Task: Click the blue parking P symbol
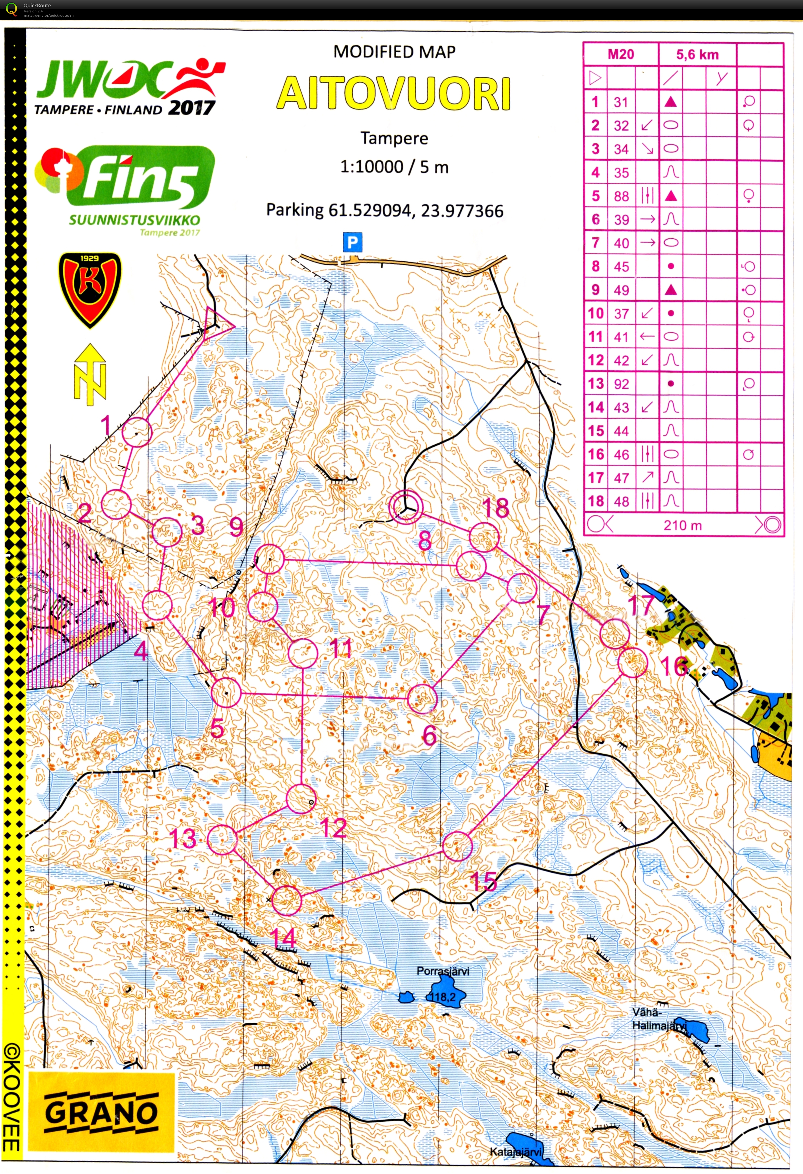point(352,243)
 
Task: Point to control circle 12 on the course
point(301,799)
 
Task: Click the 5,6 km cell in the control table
point(697,54)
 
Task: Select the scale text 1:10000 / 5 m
point(394,167)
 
